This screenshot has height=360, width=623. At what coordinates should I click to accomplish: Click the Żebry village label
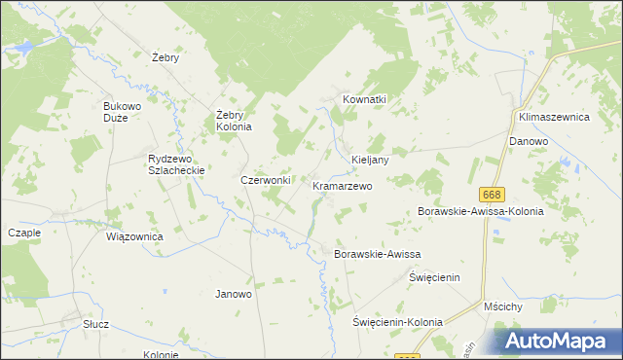[x=166, y=57]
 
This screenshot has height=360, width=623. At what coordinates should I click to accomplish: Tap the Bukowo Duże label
[x=123, y=111]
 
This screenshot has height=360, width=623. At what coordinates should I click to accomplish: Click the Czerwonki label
[x=266, y=180]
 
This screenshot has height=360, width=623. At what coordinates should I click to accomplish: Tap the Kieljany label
[x=370, y=160]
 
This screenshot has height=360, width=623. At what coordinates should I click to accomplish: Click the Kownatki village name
[x=365, y=99]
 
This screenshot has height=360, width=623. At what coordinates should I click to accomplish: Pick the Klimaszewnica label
[x=555, y=116]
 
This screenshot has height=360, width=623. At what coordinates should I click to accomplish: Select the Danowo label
[x=529, y=141]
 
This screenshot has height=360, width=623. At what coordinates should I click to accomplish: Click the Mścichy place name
[x=503, y=306]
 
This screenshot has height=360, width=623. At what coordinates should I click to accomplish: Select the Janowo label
[x=234, y=293]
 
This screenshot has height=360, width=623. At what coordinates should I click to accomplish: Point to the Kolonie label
[x=161, y=354]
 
